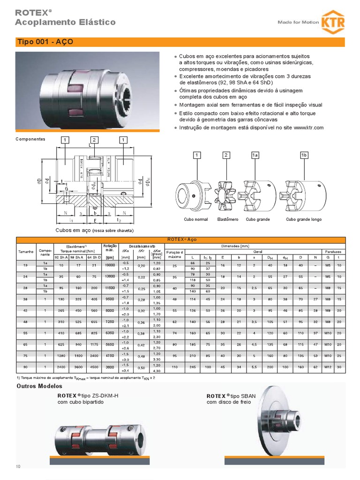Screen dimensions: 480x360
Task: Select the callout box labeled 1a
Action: (x=255, y=155)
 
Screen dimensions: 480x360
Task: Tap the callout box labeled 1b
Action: (x=303, y=155)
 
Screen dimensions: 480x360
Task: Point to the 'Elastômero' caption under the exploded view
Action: (x=228, y=219)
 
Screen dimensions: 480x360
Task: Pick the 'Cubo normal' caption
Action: (x=195, y=219)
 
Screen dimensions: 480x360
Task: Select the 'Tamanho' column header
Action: (x=26, y=252)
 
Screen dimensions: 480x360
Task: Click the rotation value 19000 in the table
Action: (x=110, y=265)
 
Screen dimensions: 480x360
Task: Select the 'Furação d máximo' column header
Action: (x=174, y=255)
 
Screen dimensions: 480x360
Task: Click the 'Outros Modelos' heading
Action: (x=39, y=386)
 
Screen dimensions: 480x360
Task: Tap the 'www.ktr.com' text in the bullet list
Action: (x=309, y=128)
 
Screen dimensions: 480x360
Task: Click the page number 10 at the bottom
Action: (x=19, y=466)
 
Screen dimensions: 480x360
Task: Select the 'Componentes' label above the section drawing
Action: (x=30, y=140)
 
